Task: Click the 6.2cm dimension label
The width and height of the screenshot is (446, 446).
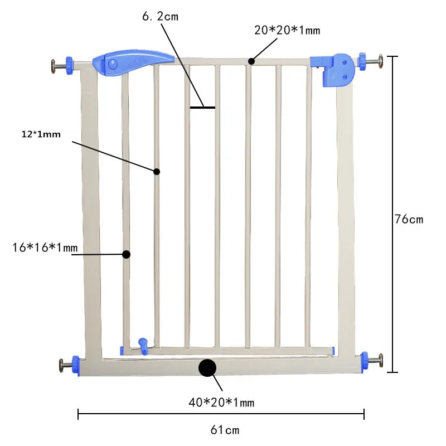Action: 160,16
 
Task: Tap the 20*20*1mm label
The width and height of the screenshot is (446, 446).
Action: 287,31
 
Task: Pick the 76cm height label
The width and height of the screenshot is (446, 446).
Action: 409,219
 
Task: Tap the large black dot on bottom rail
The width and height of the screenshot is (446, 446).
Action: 207,368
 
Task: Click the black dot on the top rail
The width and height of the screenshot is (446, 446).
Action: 251,61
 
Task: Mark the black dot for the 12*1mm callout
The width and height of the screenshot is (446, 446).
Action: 157,172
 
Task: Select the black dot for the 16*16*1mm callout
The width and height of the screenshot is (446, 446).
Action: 126,254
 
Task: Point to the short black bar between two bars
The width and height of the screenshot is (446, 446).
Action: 202,107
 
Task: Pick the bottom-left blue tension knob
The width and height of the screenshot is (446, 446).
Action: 76,366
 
